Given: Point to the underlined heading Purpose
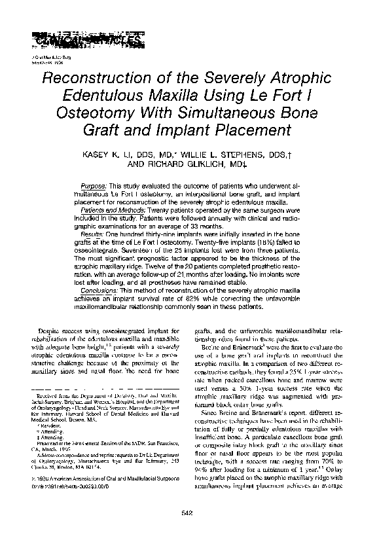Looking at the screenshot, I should [99, 187].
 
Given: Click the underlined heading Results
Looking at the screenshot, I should [98, 234].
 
